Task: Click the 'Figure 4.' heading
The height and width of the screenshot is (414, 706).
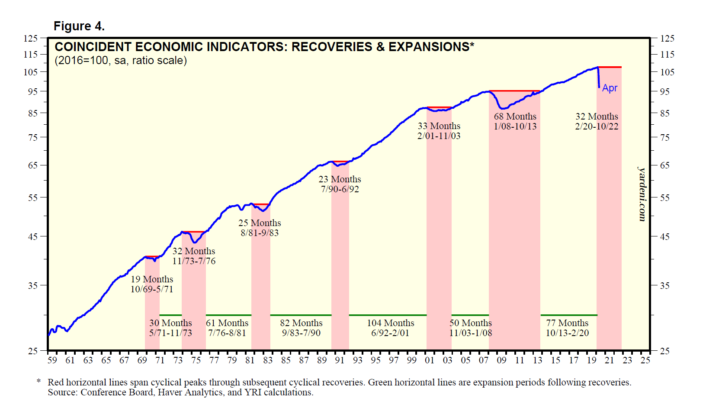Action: (79, 26)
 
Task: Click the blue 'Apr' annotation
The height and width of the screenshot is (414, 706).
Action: (610, 88)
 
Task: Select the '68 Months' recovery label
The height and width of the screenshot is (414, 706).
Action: (515, 116)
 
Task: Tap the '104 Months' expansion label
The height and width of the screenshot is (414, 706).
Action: (390, 323)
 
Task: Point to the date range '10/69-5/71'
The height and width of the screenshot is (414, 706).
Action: (152, 289)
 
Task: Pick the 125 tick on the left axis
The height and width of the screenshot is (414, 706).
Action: (31, 38)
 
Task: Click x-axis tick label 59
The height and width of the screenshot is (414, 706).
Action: (52, 360)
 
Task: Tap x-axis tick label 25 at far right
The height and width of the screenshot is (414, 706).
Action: (645, 360)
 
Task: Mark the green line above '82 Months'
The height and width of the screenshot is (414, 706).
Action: (301, 315)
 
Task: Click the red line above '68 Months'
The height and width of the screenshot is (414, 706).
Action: (514, 91)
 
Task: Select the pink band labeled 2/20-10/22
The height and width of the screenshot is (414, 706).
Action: (609, 217)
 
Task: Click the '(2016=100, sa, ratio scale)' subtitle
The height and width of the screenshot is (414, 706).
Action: (121, 60)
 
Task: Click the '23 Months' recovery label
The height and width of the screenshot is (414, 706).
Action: (340, 179)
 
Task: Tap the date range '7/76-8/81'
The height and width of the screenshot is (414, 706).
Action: (227, 333)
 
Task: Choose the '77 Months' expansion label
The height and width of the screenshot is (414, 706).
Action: (567, 323)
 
